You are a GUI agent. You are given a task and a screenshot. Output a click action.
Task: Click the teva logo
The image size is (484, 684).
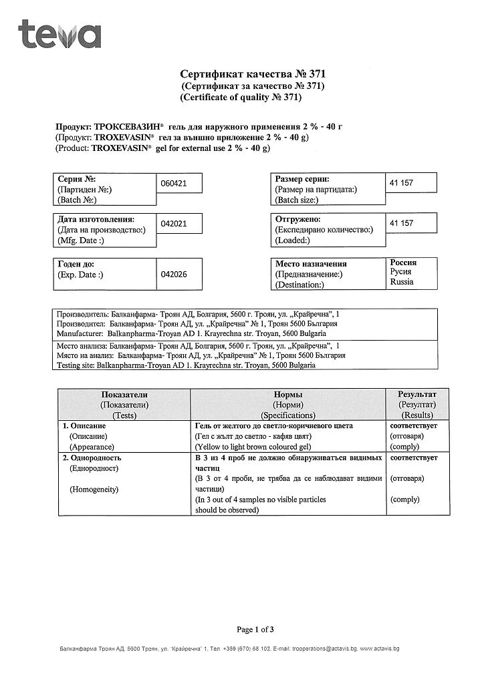click(x=60, y=35)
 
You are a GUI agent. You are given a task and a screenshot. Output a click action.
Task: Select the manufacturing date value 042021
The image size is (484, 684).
click(x=172, y=224)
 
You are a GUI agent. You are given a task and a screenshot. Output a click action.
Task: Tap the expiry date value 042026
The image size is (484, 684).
click(x=172, y=274)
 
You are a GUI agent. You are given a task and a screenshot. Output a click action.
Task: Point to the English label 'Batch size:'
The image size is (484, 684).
click(x=297, y=200)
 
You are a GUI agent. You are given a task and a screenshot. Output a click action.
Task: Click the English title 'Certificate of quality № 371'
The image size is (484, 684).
click(x=241, y=98)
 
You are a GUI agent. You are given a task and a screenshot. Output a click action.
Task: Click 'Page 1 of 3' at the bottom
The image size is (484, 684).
click(x=255, y=629)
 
